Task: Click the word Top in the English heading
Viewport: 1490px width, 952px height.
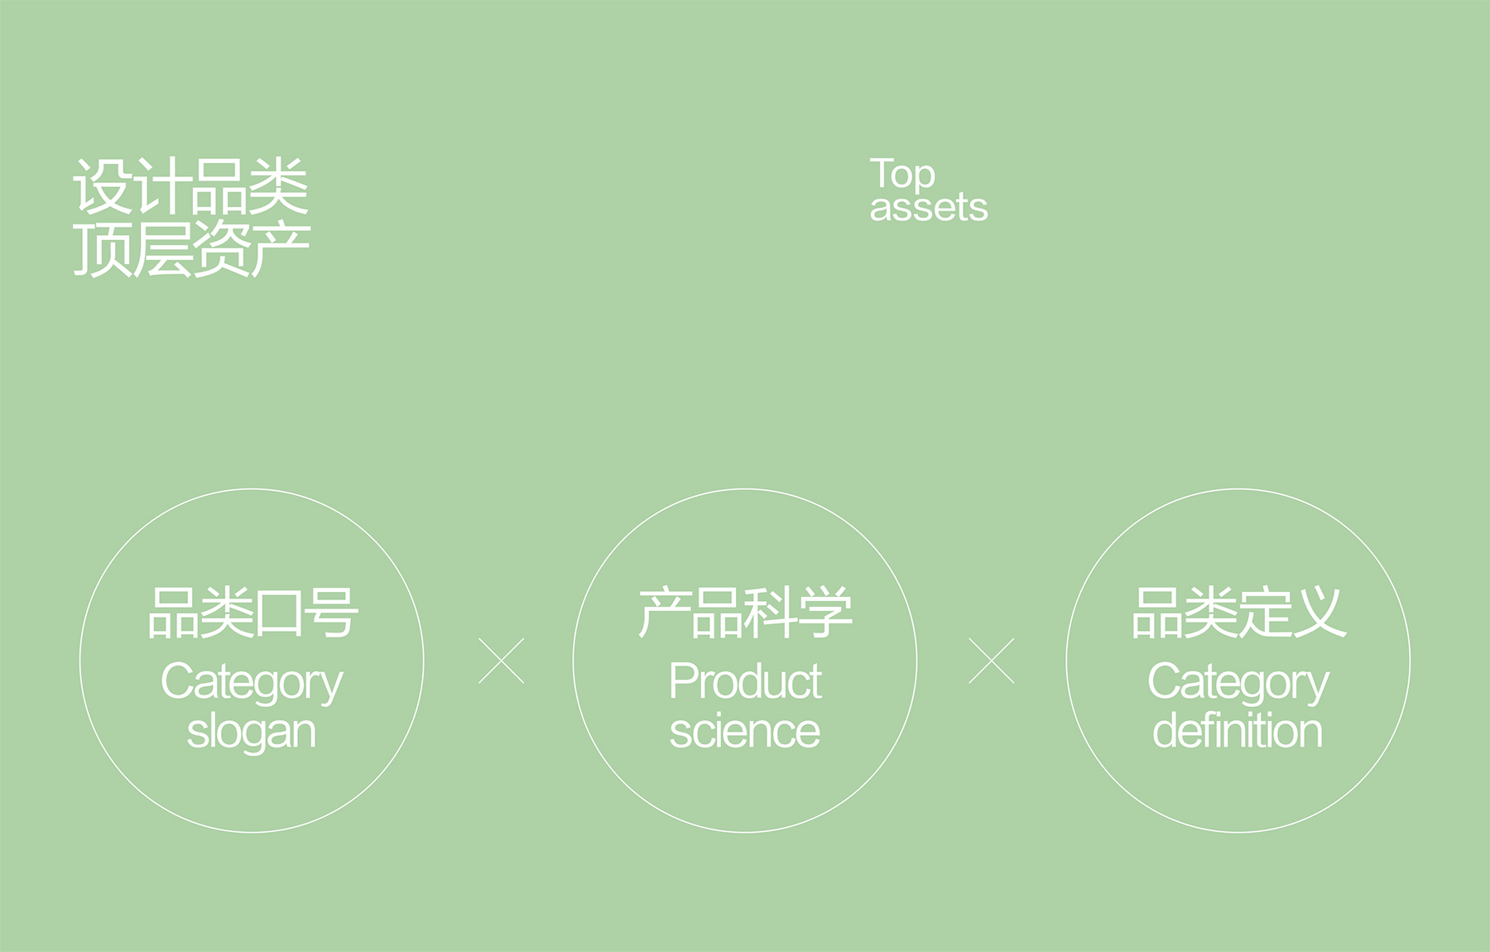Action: tap(902, 175)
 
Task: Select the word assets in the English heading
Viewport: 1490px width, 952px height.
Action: tap(929, 208)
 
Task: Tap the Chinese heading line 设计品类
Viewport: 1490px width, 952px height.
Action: tap(191, 186)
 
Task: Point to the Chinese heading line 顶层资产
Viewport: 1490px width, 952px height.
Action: tap(191, 248)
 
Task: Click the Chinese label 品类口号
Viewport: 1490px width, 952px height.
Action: tap(252, 613)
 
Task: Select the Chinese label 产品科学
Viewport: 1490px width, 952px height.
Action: tap(745, 613)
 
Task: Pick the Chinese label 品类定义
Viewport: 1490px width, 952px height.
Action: tap(1238, 613)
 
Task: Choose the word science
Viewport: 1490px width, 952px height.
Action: tap(745, 732)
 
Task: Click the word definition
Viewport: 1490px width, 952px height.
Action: tap(1238, 731)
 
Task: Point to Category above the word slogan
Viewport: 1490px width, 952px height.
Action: tap(252, 684)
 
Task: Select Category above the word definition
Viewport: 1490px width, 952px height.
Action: tap(1238, 684)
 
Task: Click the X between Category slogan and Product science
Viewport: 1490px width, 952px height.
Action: tap(502, 661)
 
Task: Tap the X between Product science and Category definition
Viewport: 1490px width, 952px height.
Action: tap(992, 661)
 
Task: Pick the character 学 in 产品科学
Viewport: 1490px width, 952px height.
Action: tap(825, 613)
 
